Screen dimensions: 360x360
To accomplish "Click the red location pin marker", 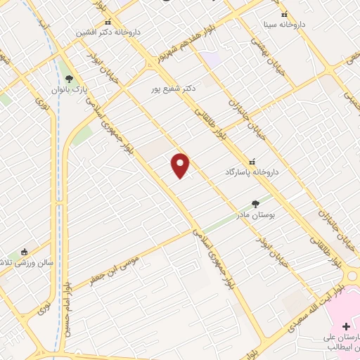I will [181, 165].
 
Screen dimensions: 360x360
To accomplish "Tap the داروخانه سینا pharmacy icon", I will [284, 15].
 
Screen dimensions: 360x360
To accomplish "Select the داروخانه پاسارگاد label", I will [252, 172].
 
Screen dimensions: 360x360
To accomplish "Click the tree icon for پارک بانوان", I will [68, 79].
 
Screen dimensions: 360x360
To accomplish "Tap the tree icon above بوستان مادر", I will [255, 204].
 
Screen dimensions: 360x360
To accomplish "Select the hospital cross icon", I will [345, 326].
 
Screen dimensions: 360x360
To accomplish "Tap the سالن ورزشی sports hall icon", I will [25, 252].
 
